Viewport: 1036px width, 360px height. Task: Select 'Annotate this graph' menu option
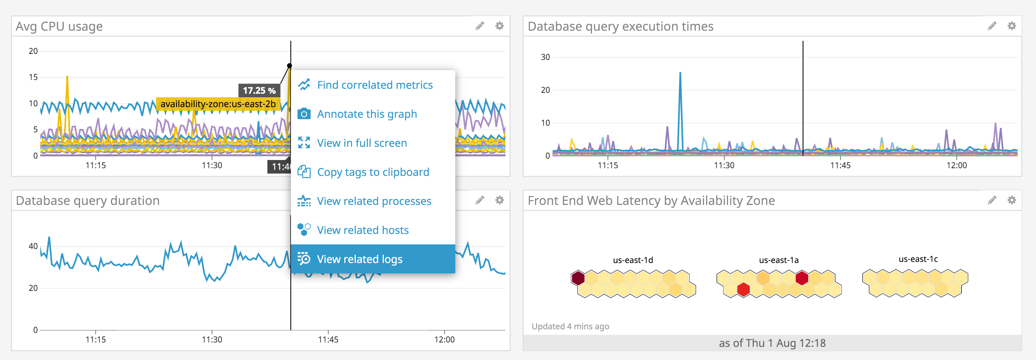[x=367, y=114]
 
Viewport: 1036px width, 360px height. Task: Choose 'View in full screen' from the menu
[x=362, y=143]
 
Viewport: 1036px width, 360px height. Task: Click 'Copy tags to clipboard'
[x=373, y=172]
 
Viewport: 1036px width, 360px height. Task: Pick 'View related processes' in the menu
[x=374, y=201]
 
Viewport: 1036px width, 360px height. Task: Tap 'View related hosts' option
[x=362, y=230]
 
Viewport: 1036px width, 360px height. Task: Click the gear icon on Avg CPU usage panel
[x=499, y=26]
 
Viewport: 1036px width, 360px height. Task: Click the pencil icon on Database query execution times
[x=992, y=26]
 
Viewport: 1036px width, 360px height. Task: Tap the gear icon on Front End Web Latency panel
[x=1011, y=200]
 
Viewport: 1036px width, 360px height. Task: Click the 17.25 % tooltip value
[x=259, y=90]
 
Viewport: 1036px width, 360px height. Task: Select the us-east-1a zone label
[x=779, y=260]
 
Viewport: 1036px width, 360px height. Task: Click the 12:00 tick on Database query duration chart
[x=444, y=339]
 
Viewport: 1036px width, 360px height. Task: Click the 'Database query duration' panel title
[x=88, y=200]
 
